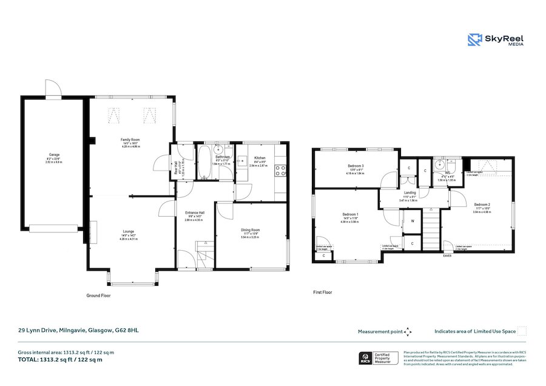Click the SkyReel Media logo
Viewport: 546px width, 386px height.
[x=495, y=40]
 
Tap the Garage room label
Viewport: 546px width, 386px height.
[x=45, y=155]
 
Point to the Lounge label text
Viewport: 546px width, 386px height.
[x=129, y=232]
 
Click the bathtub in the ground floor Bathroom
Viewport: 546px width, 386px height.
[x=204, y=161]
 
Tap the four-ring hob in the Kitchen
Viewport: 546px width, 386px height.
[x=281, y=171]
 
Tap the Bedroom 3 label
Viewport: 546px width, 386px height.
[x=356, y=166]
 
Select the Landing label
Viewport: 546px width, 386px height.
[x=410, y=193]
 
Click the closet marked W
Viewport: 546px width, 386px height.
[x=412, y=221]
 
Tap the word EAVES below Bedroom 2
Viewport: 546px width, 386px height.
[x=448, y=256]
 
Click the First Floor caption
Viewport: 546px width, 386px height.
[x=323, y=293]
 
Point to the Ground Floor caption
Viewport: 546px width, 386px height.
[x=98, y=296]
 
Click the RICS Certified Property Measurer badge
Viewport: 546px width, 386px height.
[x=379, y=358]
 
